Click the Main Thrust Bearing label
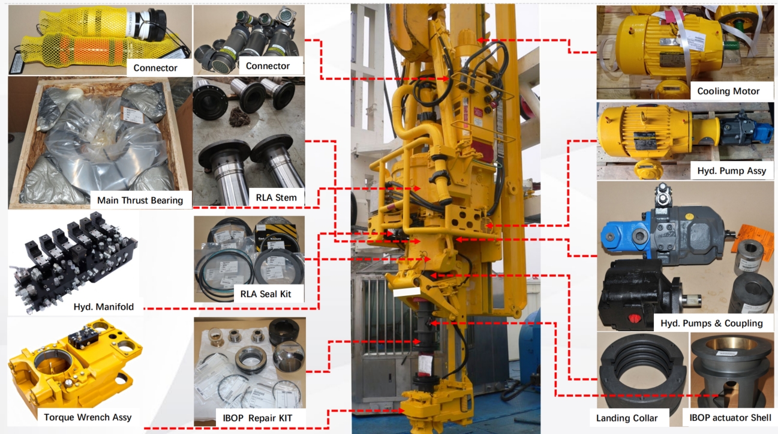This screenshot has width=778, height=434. [x=140, y=200]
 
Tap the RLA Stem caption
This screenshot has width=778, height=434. [x=276, y=197]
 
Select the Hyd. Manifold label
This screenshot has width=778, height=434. [x=104, y=307]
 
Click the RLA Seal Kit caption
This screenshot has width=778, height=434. [x=266, y=294]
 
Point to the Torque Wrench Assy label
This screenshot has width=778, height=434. [x=88, y=417]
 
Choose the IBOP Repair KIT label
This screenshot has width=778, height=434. [x=257, y=418]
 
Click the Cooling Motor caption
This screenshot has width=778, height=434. [x=728, y=91]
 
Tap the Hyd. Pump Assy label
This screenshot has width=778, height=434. [x=731, y=171]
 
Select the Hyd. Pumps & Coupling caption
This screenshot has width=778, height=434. [x=711, y=324]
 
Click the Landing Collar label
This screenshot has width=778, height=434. [x=627, y=418]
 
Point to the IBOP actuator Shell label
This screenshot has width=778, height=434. [x=730, y=418]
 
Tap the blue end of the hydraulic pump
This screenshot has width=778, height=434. [x=624, y=235]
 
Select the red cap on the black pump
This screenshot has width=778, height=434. [x=634, y=318]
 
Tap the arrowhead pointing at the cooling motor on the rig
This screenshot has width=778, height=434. [x=480, y=40]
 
